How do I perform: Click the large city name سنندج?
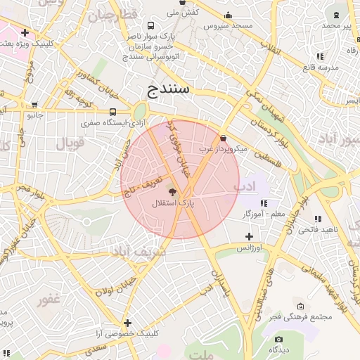pos(169,90)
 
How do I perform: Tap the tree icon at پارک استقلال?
pos(172,191)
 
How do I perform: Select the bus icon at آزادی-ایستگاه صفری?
pos(113,112)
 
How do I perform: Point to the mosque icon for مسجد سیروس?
pos(227,15)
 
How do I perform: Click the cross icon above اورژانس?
pos(248,236)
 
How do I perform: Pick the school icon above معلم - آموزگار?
pos(264,203)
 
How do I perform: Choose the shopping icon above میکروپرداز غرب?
pos(224,138)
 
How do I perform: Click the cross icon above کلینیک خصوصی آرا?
pos(127,322)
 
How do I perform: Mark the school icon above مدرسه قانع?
pos(320,56)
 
